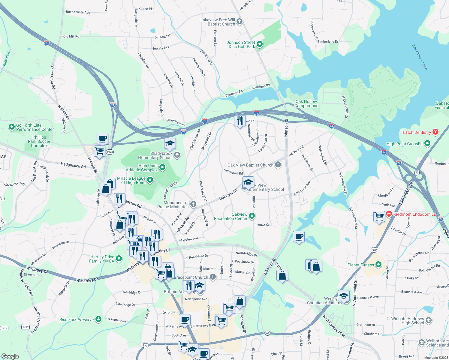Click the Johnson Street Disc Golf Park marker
click(x=260, y=44)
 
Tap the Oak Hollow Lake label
click(x=419, y=57)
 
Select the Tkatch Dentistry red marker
click(x=435, y=132)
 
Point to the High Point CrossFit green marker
click(x=428, y=143)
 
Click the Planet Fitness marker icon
click(x=378, y=265)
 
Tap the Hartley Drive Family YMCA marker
click(x=119, y=258)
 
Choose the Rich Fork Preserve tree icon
click(x=98, y=319)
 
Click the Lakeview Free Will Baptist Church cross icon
click(x=239, y=21)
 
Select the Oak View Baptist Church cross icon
click(x=278, y=165)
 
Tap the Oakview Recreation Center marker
click(x=252, y=216)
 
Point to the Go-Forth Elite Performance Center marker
click(x=12, y=127)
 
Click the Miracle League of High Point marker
click(x=150, y=180)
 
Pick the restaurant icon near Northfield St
click(x=240, y=121)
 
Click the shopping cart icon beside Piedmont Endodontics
click(x=379, y=216)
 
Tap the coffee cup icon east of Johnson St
click(x=299, y=237)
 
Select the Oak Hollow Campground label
click(x=306, y=103)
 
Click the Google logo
click(x=10, y=356)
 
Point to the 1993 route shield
click(x=110, y=152)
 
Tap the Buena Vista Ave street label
click(x=78, y=12)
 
